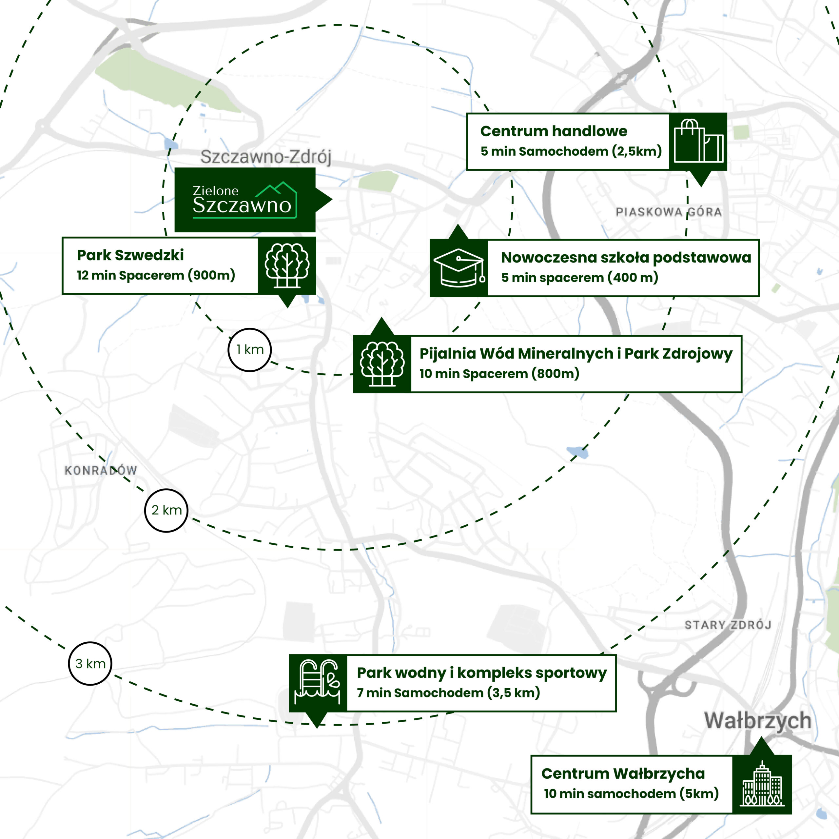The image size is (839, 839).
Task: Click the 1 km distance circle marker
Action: [249, 350]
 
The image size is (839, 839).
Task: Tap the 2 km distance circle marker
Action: [166, 510]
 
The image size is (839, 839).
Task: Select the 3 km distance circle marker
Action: [90, 664]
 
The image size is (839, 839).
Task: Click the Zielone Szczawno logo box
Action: [245, 200]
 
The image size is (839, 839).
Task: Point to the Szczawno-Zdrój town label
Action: [266, 157]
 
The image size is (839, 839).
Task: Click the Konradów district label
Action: [101, 470]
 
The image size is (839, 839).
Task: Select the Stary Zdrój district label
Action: [728, 625]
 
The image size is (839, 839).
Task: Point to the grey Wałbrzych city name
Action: [757, 720]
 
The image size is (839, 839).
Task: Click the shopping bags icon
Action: [698, 142]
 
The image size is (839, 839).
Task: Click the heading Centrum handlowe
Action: [554, 131]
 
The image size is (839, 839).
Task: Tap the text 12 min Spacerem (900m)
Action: [156, 275]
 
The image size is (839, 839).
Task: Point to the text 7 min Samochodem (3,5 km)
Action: [448, 693]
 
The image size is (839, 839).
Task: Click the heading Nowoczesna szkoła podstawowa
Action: [626, 258]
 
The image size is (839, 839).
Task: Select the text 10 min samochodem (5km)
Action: [631, 794]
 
